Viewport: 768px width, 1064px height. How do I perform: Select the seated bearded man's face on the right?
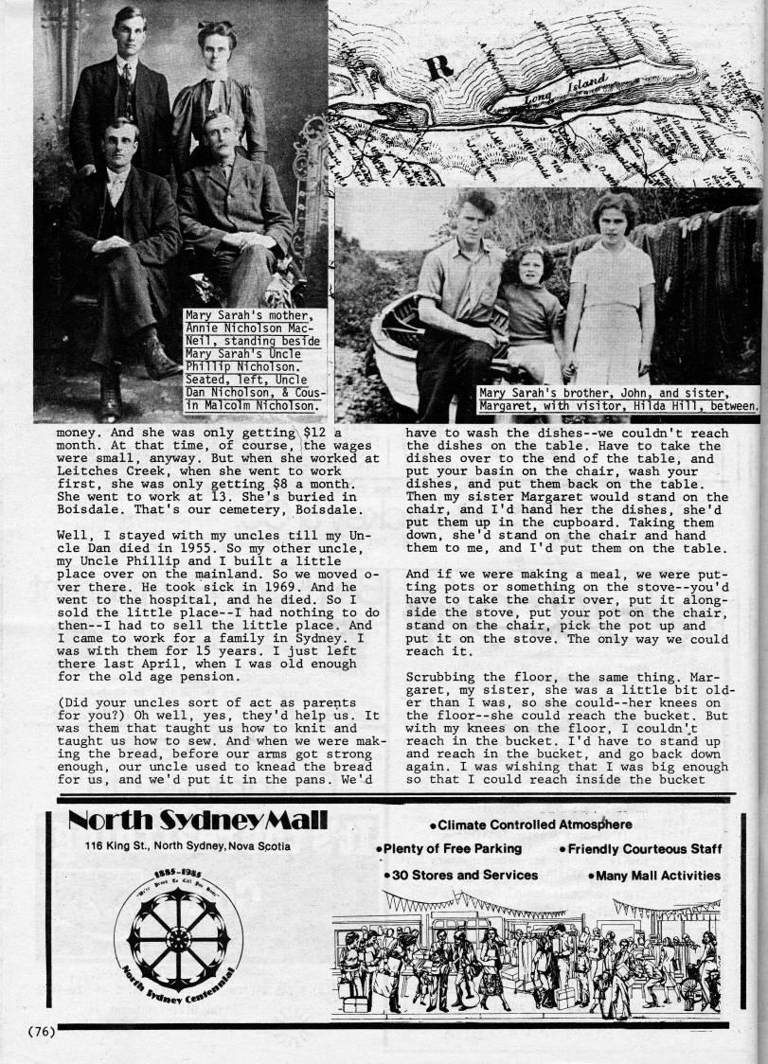click(219, 140)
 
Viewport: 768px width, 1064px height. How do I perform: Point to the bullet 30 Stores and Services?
click(460, 876)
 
